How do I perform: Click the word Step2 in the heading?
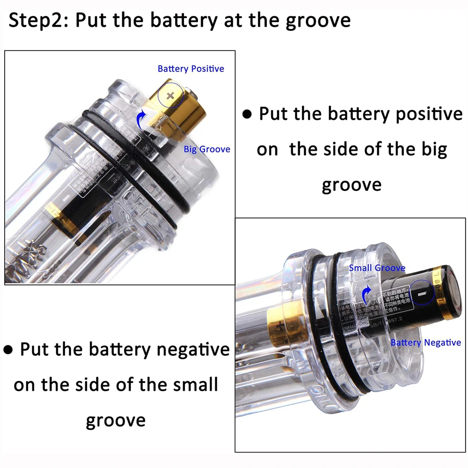click(x=37, y=21)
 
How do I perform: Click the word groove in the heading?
click(x=320, y=21)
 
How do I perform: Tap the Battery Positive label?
click(x=190, y=69)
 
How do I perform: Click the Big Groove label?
click(x=207, y=149)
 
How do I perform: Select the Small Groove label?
click(x=377, y=268)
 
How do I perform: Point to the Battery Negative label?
click(x=425, y=343)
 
